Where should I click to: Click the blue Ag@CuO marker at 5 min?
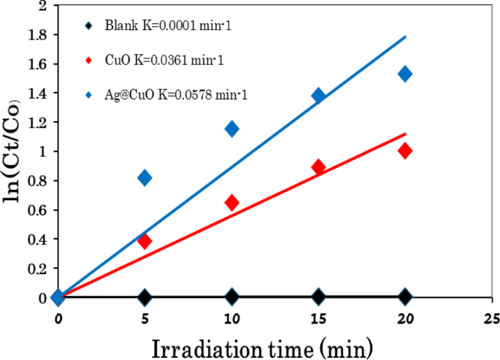[145, 178]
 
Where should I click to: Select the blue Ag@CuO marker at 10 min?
[231, 129]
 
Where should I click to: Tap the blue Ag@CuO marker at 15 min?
[318, 96]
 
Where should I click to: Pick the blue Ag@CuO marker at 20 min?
[404, 74]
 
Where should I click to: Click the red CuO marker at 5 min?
[145, 241]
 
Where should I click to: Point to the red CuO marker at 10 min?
[231, 202]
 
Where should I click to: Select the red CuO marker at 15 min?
[318, 167]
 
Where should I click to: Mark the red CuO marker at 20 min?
[404, 150]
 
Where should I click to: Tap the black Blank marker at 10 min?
[231, 296]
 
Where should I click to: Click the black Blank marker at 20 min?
[404, 296]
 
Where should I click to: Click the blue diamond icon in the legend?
[88, 94]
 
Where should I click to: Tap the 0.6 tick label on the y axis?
[32, 210]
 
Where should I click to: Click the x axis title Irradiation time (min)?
[262, 346]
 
